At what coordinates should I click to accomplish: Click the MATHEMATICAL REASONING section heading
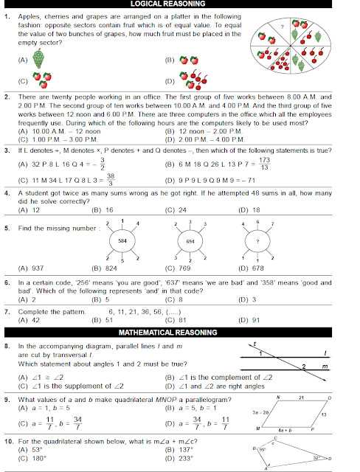pos(179,333)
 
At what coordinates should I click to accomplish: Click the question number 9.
pos(7,399)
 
